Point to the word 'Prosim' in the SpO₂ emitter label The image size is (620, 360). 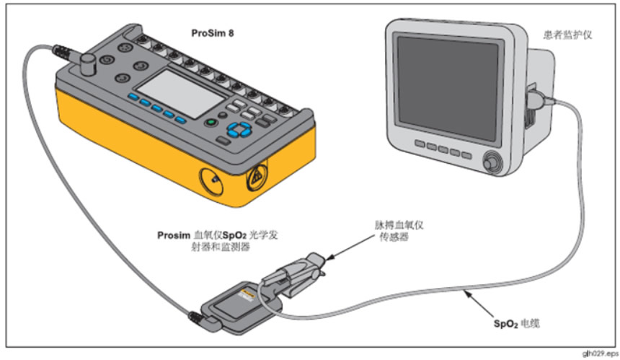tap(174, 236)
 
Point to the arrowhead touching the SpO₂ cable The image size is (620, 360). tap(466, 292)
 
